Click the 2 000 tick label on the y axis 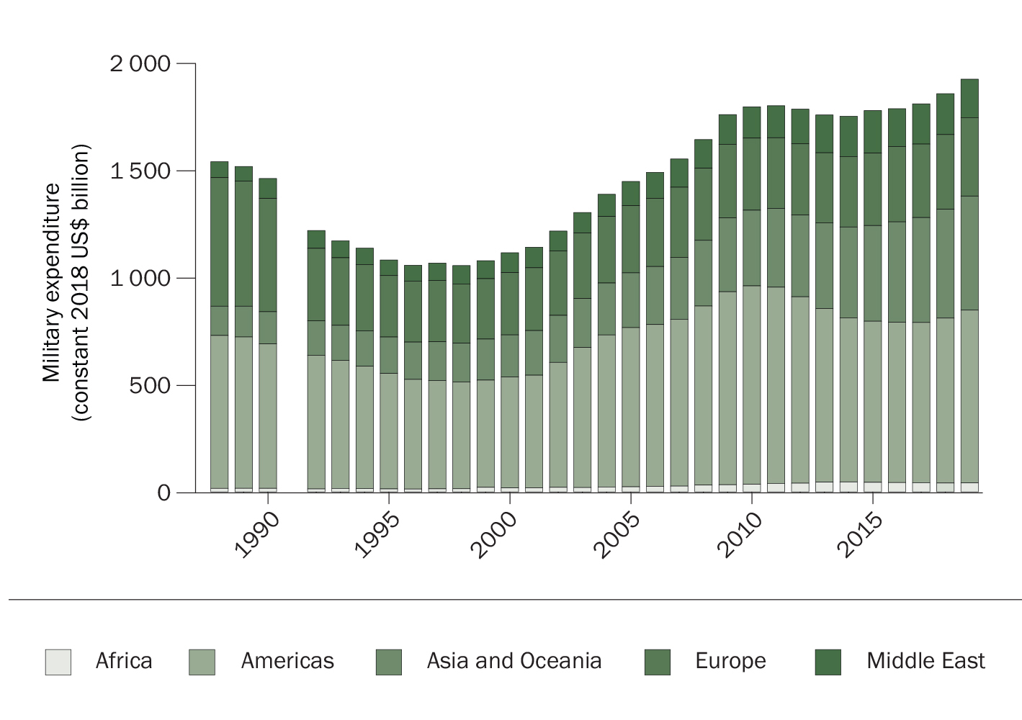(x=140, y=64)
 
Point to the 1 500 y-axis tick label (x=140, y=171)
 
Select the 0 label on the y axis (x=164, y=493)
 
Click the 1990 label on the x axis (x=257, y=536)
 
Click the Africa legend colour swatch (x=58, y=662)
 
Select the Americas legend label (x=287, y=661)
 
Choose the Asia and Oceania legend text (x=514, y=661)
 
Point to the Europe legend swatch (x=657, y=662)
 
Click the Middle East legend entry (x=925, y=661)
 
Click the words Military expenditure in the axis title (x=52, y=282)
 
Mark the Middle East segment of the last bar (x=969, y=98)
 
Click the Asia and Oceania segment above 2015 (x=872, y=273)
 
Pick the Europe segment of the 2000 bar (x=509, y=303)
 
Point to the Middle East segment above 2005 (x=631, y=193)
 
